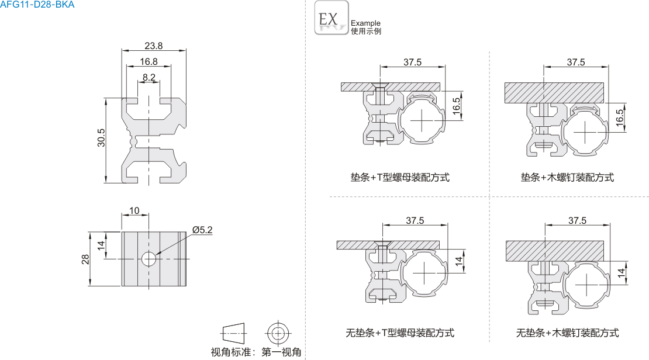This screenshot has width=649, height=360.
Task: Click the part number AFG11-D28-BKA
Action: coord(37,5)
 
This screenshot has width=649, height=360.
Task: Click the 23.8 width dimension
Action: coord(154,46)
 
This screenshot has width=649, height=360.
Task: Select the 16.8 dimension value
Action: coord(149,61)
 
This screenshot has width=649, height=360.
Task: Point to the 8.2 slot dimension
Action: coord(149,77)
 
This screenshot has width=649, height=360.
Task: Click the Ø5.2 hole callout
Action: coord(202,230)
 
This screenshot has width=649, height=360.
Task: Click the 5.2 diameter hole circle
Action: coord(149,258)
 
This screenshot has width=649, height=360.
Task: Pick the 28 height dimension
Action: coord(85,258)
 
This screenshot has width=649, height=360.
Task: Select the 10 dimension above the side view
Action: coord(134,210)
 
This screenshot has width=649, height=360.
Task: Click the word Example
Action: coord(365,23)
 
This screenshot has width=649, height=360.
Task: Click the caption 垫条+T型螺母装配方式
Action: coord(400,177)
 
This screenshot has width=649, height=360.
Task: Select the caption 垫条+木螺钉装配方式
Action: coord(567,177)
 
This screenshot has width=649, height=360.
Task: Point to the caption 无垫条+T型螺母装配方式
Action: coord(400,333)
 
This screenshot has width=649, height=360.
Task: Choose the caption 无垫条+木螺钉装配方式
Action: coord(567,333)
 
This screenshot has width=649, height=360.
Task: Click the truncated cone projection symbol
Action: coord(234,334)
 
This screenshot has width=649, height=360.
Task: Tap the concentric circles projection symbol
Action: coord(278,334)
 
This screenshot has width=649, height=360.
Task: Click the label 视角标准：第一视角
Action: coord(256,352)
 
